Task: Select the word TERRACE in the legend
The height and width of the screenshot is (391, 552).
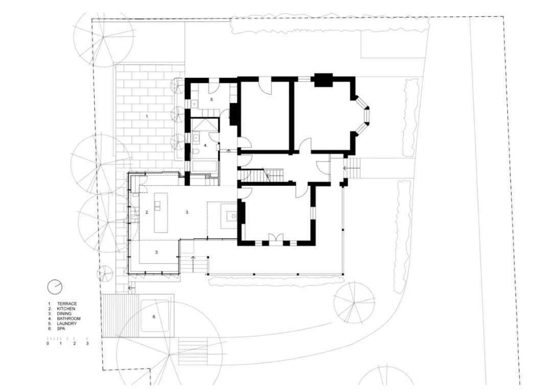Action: point(67,304)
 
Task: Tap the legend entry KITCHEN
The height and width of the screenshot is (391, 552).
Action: point(66,309)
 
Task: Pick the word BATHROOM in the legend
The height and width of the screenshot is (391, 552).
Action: point(68,318)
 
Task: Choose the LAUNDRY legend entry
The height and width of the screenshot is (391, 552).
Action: point(67,323)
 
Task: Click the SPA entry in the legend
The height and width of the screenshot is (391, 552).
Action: point(61,329)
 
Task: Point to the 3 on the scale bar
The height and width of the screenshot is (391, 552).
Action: point(87,344)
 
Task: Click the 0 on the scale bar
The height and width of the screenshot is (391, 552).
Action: point(48,344)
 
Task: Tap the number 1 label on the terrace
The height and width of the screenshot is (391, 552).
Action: point(147,117)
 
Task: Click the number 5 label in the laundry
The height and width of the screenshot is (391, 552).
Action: point(197,99)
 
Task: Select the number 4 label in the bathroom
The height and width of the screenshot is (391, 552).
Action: point(205,145)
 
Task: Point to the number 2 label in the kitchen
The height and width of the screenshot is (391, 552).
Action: point(147,212)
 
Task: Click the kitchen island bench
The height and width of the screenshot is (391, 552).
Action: point(161,212)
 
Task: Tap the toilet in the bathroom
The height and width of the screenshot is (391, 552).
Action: point(197,152)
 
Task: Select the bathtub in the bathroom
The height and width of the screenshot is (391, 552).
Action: point(204,166)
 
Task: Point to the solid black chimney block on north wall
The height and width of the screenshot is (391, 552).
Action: point(323,80)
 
